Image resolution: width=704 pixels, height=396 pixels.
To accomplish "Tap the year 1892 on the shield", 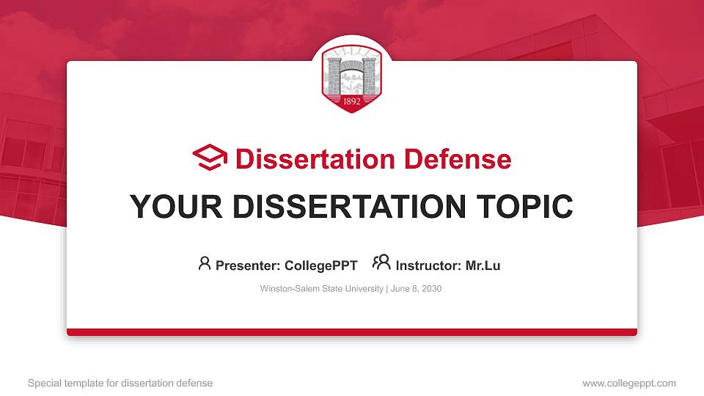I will click(352, 102).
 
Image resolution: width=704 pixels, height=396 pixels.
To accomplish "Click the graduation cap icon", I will click(210, 158).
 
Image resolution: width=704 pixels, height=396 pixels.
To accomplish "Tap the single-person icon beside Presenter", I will click(205, 263).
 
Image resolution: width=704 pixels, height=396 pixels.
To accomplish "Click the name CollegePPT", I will click(322, 265).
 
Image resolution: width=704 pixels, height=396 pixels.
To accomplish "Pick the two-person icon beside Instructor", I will click(381, 263).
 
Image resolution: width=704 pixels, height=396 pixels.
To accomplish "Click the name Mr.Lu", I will click(483, 265).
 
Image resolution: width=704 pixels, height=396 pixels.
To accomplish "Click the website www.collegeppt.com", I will click(629, 383).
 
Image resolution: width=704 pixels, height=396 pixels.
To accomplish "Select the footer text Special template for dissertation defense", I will click(120, 383).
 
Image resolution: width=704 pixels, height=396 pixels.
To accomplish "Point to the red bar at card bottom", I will click(352, 332).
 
